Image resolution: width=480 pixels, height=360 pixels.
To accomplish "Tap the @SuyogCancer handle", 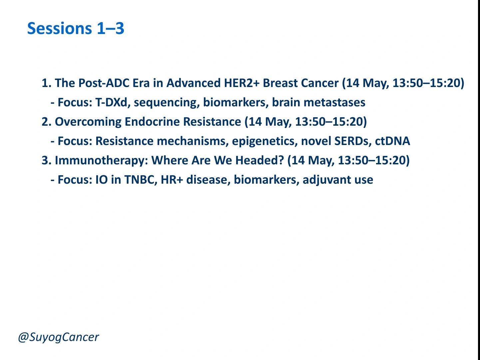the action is click(x=58, y=337).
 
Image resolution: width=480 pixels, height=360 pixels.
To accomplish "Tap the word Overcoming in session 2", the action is click(x=88, y=122).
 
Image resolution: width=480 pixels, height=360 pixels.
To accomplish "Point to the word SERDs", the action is click(x=353, y=141).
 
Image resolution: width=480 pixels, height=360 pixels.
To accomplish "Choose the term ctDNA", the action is click(x=392, y=141).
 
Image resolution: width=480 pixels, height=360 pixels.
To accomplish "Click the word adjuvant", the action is click(x=327, y=180).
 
